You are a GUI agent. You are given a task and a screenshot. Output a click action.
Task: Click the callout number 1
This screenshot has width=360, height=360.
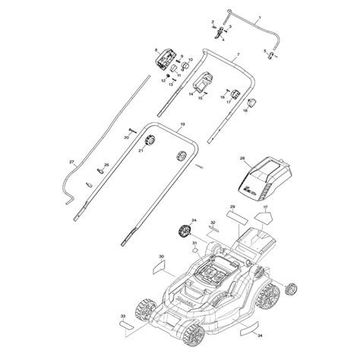tap(258, 17)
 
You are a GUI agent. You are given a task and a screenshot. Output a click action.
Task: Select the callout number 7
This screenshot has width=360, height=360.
tap(236, 56)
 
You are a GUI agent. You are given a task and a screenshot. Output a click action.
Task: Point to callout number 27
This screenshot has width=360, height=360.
tap(71, 163)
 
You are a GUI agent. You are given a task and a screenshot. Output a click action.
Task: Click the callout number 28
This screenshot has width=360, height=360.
tap(242, 159)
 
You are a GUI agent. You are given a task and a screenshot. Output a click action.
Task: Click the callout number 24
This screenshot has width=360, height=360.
tap(194, 220)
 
